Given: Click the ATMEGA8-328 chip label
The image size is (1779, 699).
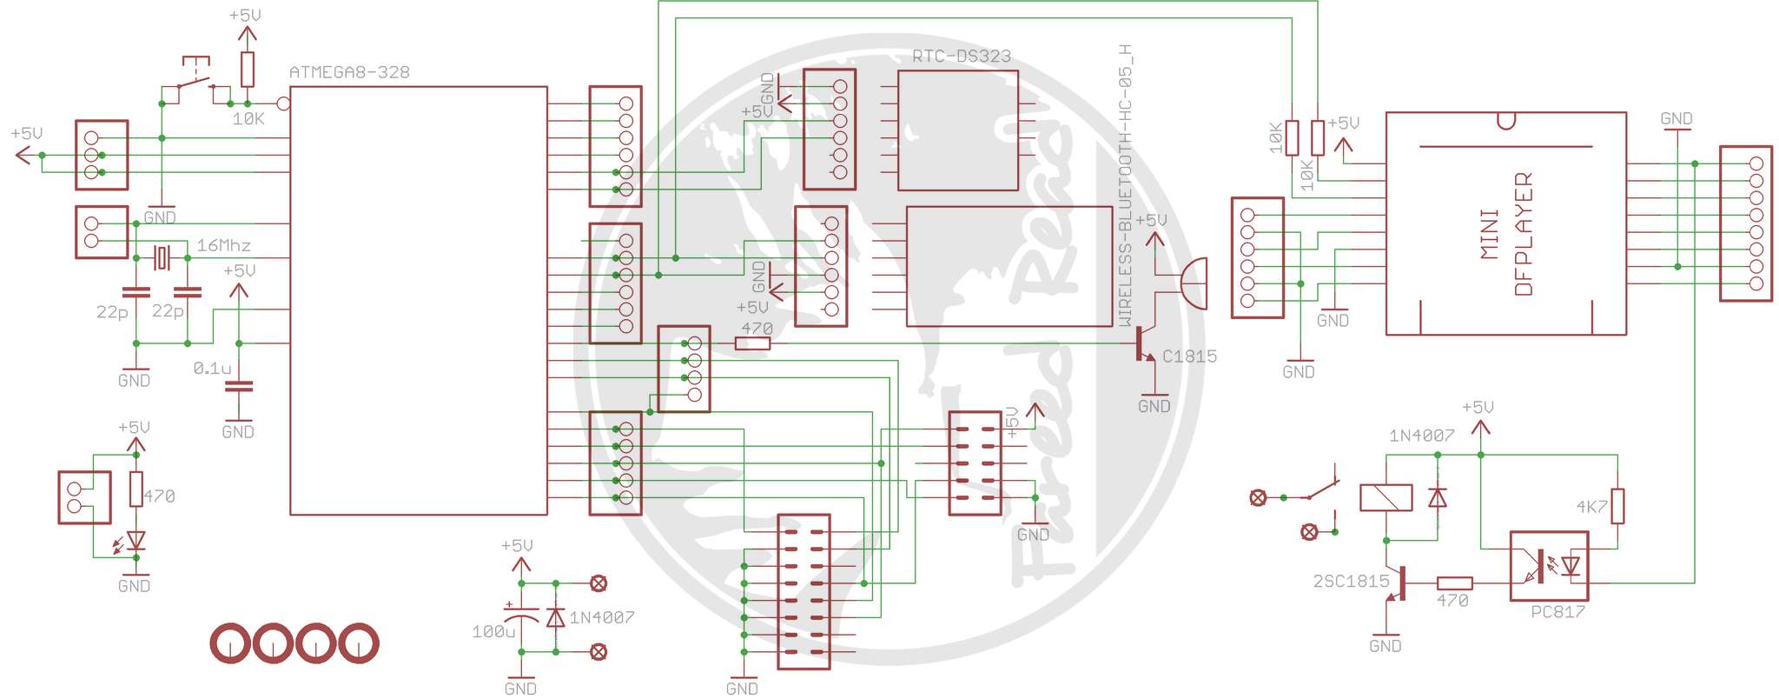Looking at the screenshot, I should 349,72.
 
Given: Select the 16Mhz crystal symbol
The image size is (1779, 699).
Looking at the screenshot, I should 162,258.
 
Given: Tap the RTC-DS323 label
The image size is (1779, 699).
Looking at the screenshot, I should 962,57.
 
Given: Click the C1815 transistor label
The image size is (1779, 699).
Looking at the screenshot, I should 1189,356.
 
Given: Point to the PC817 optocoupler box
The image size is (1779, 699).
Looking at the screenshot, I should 1549,567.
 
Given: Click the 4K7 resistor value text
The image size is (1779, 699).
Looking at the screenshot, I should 1592,507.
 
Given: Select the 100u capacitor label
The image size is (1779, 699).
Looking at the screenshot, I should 493,632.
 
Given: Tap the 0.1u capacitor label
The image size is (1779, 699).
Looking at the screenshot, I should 212,369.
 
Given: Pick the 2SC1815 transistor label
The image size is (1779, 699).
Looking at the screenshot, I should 1351,582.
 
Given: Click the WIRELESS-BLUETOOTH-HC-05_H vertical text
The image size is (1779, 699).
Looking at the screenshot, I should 1125,185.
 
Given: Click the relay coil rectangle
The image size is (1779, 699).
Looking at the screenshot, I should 1386,497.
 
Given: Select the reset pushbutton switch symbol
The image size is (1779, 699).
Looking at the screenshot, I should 195,78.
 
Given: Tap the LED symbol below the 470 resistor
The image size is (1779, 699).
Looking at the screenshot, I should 135,542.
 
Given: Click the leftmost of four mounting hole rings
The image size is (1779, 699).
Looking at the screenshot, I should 231,644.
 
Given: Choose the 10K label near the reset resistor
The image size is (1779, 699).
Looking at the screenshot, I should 248,119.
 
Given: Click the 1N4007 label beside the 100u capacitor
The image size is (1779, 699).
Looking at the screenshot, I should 602,618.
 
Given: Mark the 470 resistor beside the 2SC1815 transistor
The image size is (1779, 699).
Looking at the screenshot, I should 1454,583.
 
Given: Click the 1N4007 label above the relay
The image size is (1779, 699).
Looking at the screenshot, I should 1421,436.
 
